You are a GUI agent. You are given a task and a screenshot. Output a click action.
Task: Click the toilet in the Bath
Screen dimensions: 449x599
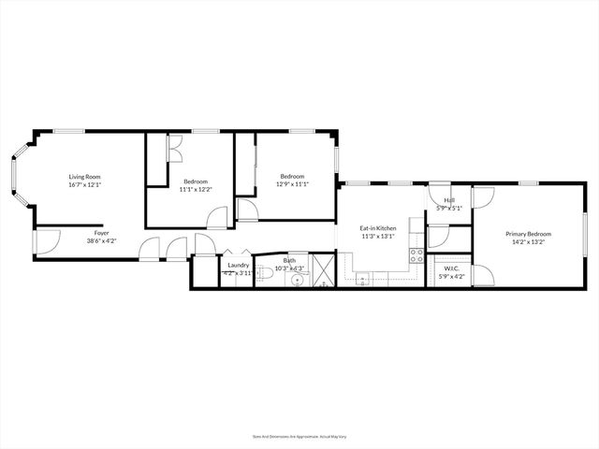click(x=265, y=273)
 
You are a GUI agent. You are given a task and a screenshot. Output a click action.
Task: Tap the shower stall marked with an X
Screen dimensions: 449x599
click(x=324, y=270)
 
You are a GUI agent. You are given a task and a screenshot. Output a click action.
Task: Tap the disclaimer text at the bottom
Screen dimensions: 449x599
click(x=299, y=435)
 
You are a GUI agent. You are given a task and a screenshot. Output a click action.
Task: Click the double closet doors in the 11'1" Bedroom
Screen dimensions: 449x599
click(x=172, y=150)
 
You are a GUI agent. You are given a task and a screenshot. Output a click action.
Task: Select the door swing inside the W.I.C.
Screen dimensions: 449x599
click(x=481, y=275)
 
